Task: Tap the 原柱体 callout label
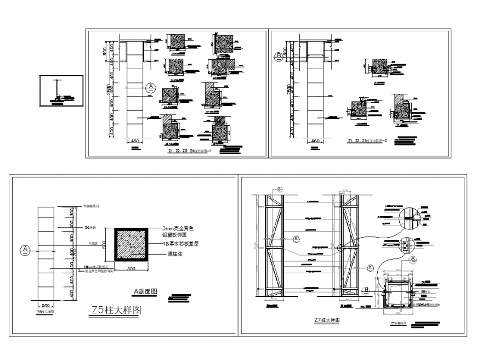(171, 254)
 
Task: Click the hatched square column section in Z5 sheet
(130, 245)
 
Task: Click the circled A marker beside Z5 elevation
(25, 250)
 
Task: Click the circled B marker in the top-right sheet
(279, 55)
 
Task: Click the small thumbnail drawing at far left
(60, 92)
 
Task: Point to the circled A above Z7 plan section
(371, 268)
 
